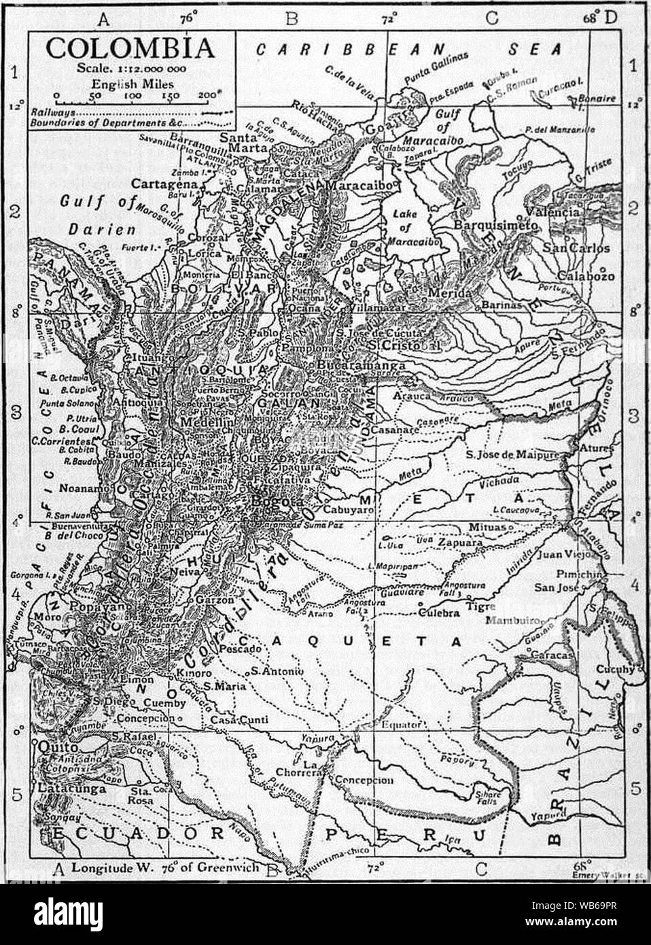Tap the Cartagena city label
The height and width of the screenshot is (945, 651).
[x=164, y=184]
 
